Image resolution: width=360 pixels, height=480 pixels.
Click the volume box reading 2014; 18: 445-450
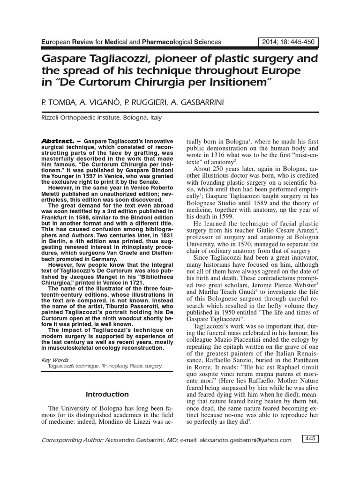tap(289, 42)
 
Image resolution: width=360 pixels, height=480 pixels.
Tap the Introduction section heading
tap(107, 394)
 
